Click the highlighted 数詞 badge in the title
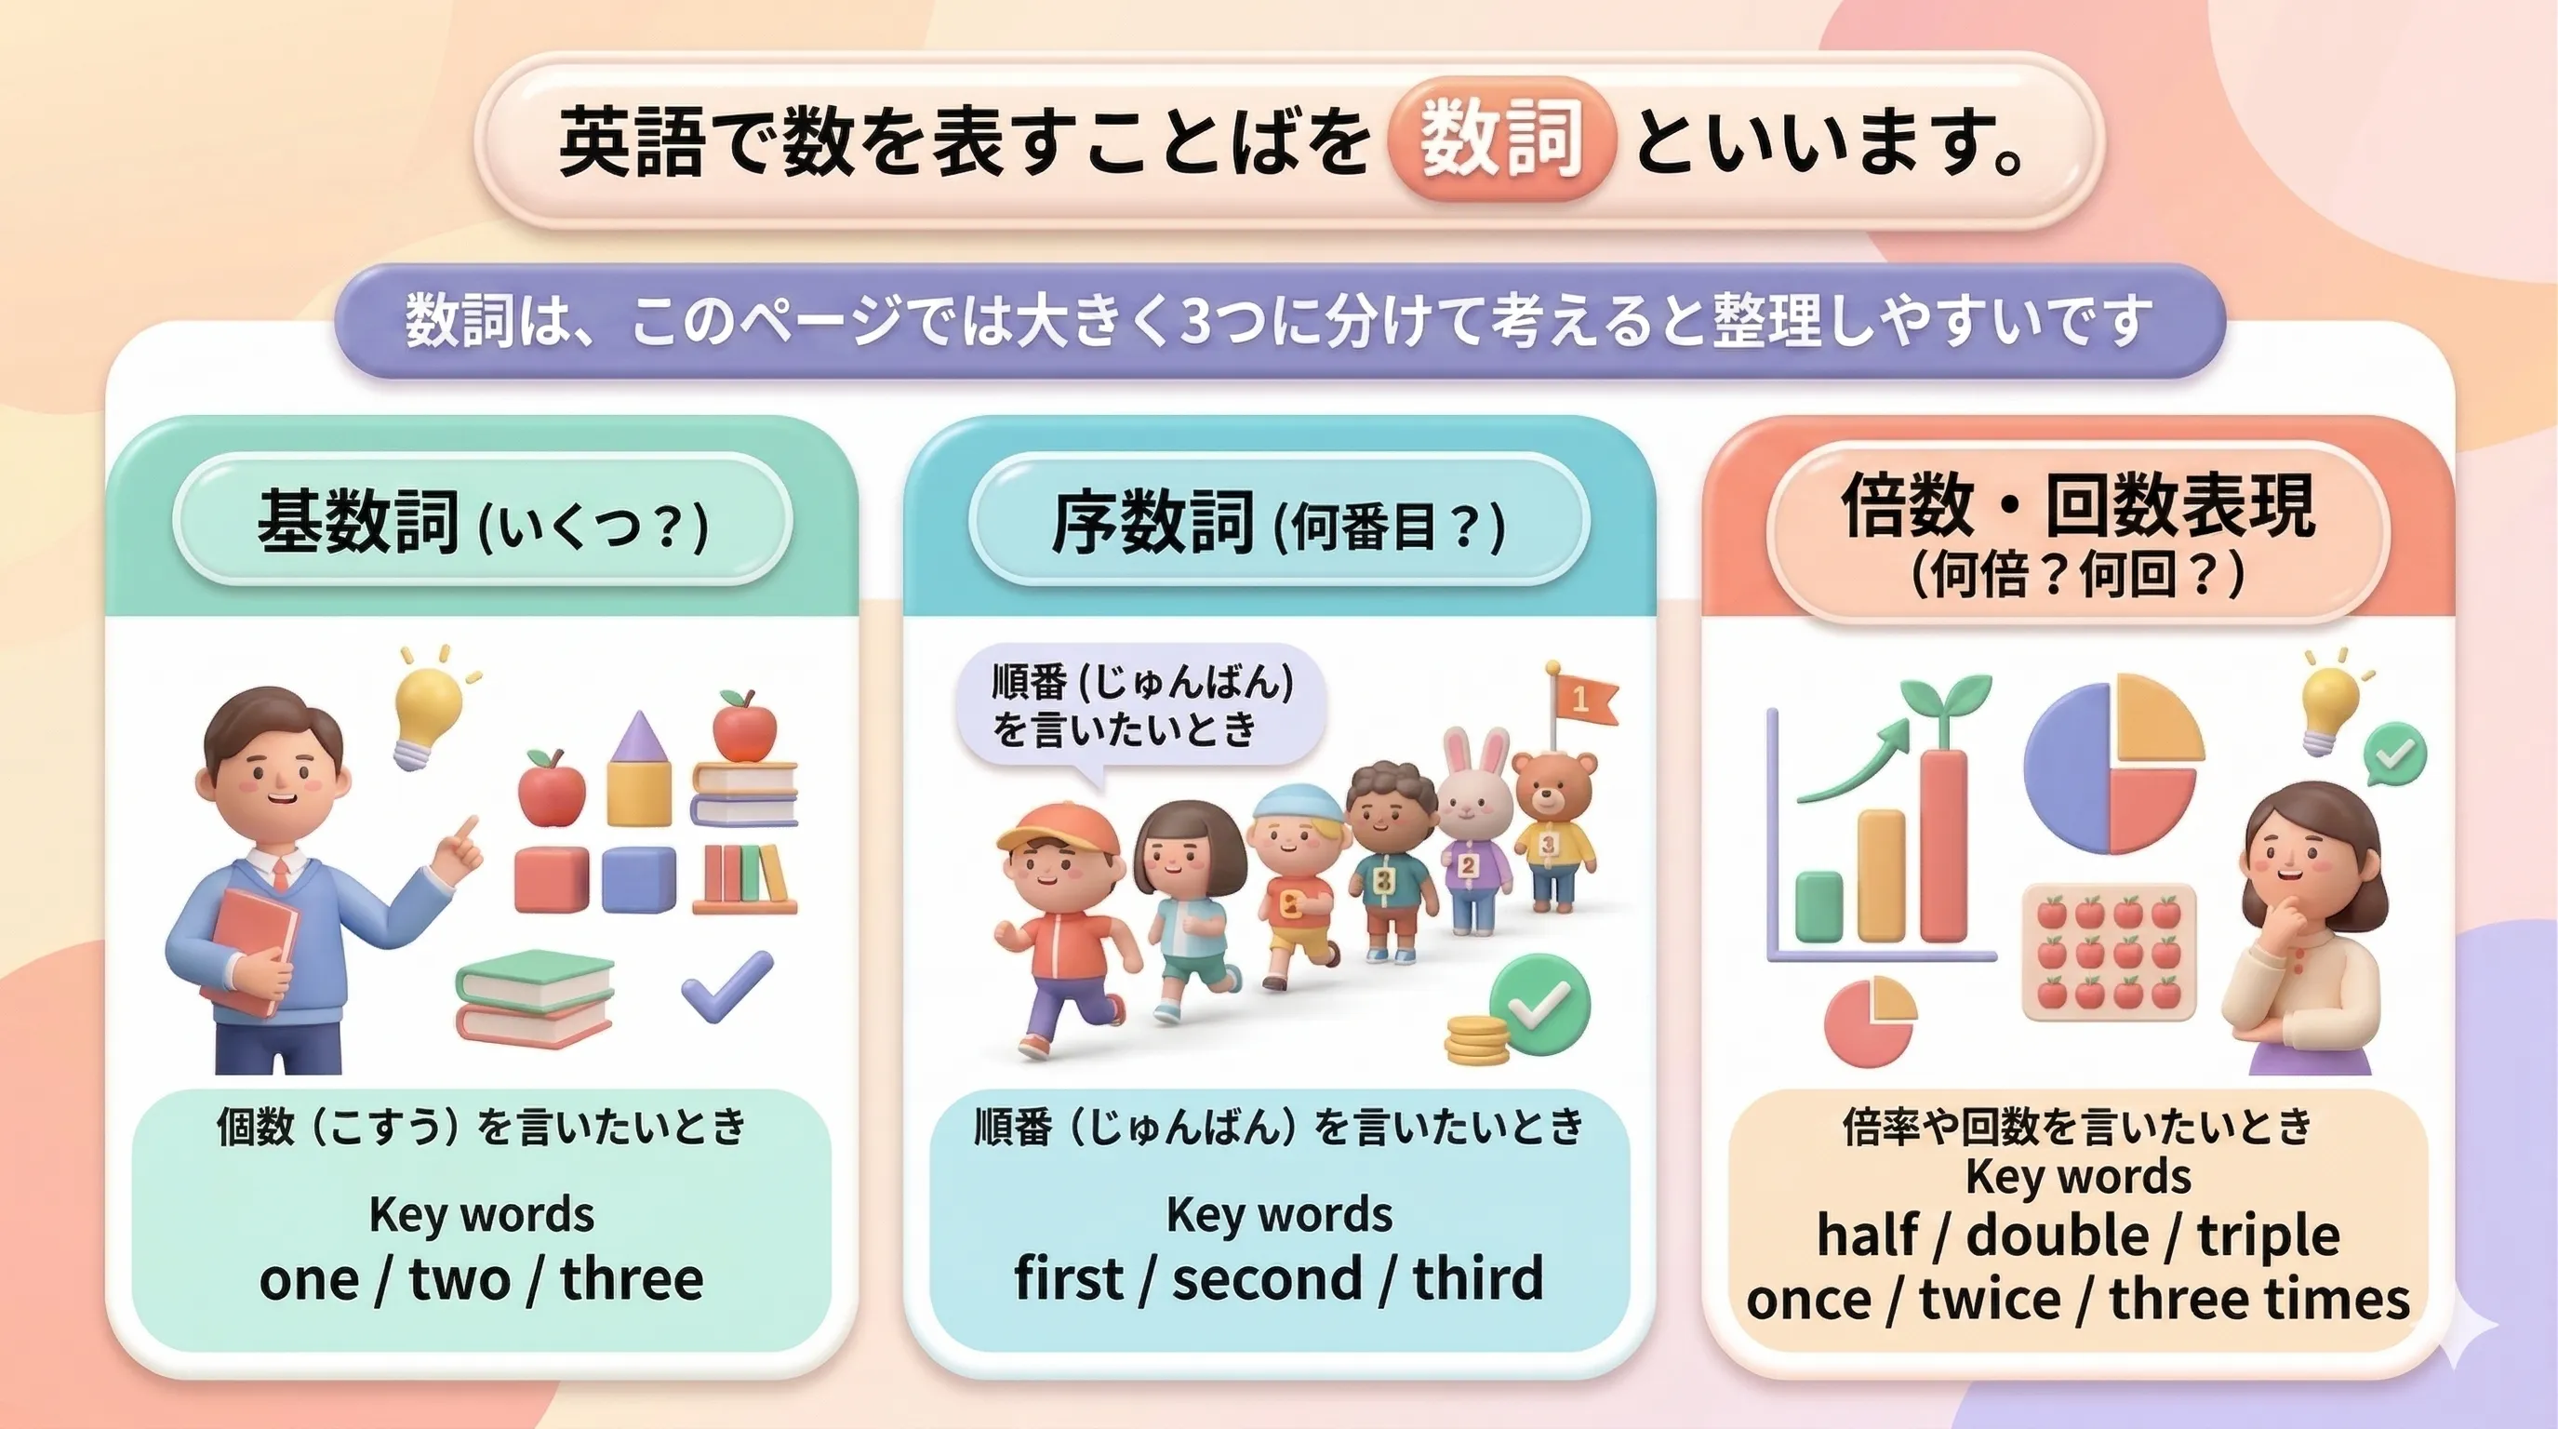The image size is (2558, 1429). [1500, 140]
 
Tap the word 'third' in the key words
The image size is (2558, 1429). [1479, 1278]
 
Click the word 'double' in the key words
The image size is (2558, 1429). [2058, 1235]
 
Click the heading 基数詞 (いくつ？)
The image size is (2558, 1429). [483, 520]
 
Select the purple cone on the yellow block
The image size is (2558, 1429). [638, 738]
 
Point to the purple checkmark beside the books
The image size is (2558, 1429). [726, 985]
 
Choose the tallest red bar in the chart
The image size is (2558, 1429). [1943, 844]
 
